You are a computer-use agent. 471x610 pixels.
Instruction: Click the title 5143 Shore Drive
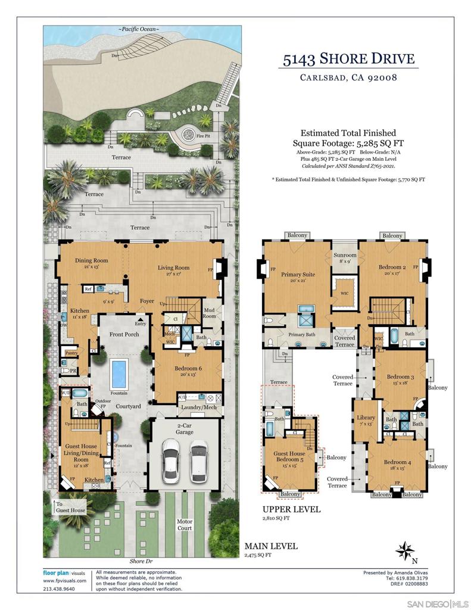click(x=348, y=59)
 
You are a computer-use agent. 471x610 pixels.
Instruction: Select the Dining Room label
click(x=91, y=260)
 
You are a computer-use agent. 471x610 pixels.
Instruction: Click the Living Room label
click(x=173, y=267)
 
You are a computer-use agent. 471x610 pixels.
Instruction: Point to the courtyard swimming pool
click(x=120, y=373)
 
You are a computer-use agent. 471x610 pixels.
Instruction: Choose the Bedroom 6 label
click(x=188, y=369)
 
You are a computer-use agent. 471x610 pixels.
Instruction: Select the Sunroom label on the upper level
click(x=345, y=254)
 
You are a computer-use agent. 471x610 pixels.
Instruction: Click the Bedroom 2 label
click(x=392, y=267)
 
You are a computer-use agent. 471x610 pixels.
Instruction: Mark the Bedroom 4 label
click(x=397, y=462)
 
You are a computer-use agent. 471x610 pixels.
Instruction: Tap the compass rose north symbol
click(x=406, y=550)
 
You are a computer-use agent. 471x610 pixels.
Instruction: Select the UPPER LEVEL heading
click(x=292, y=509)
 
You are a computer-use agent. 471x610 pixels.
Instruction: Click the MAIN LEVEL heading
click(x=271, y=546)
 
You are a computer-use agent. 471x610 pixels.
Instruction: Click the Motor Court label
click(x=185, y=524)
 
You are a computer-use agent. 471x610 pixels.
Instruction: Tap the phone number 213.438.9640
click(x=60, y=589)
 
